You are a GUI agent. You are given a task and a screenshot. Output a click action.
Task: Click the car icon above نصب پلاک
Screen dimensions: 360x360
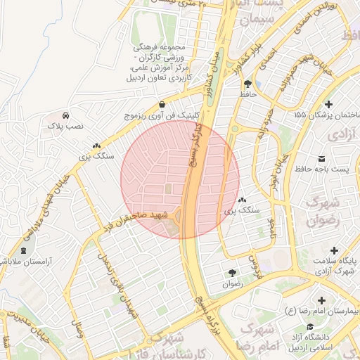[x=65, y=115]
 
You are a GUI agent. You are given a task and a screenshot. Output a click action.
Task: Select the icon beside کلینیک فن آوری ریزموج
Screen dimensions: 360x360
[x=162, y=104]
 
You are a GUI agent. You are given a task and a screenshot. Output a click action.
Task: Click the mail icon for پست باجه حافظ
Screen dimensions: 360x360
[x=322, y=157]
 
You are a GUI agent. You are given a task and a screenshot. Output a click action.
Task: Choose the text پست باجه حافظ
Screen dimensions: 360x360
[x=321, y=169]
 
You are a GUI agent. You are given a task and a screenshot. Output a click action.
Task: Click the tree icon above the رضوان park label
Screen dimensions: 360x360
[x=231, y=274]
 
